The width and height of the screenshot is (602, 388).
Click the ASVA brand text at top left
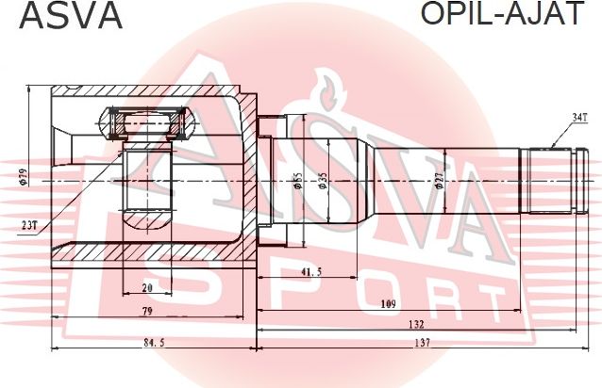62,16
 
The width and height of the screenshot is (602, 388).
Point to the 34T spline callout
578,118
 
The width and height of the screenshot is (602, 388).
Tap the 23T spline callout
28,225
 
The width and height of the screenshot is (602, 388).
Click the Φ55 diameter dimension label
296,180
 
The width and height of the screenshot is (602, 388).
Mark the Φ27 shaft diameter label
440,180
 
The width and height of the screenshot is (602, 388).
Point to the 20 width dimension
147,288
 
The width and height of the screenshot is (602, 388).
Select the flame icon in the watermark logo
328,90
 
